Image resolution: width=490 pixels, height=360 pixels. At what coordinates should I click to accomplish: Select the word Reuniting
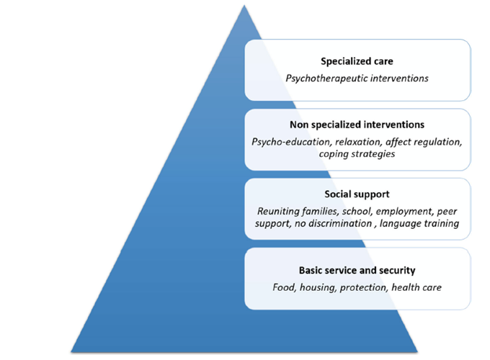(x=280, y=212)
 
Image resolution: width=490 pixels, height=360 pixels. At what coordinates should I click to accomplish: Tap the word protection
(x=367, y=288)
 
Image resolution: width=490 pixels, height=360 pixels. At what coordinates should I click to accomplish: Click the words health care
(x=419, y=288)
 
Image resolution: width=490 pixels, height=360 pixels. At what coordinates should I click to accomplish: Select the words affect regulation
(x=419, y=141)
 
